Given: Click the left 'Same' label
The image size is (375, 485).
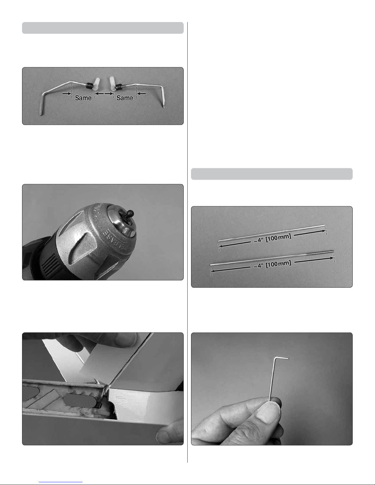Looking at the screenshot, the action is click(x=83, y=98).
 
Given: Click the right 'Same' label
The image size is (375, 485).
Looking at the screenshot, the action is click(x=125, y=98).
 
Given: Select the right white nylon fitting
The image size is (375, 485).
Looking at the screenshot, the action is click(x=113, y=84).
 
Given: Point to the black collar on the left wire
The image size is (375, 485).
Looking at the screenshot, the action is click(x=89, y=85).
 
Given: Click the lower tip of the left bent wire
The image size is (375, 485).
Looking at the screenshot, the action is click(x=41, y=115).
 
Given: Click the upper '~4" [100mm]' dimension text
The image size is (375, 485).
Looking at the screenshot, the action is click(x=272, y=238).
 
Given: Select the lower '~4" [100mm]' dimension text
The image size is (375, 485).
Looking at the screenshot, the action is click(x=272, y=265).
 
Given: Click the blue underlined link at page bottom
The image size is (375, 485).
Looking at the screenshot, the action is click(x=61, y=482).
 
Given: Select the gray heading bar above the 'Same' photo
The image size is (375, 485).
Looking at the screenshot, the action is click(x=103, y=28).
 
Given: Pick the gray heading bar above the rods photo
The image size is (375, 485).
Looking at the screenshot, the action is click(x=272, y=174).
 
